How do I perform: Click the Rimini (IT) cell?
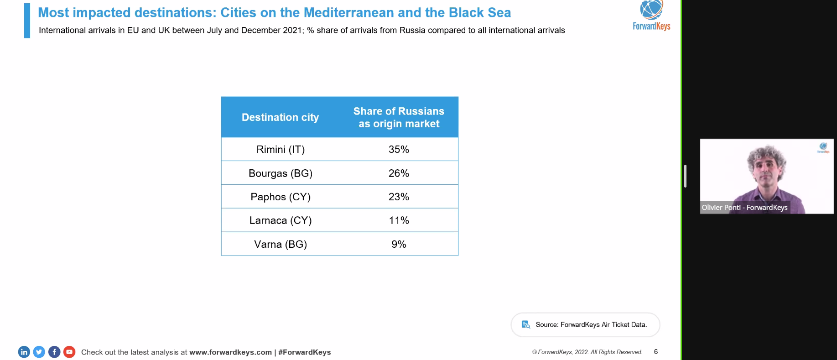tap(281, 150)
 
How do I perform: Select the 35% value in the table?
tap(399, 150)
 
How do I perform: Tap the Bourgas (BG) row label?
tap(281, 173)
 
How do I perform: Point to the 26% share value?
tap(399, 173)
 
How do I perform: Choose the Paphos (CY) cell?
tap(281, 197)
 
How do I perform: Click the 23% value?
tap(399, 197)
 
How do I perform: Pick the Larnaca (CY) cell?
tap(281, 221)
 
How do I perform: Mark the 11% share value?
tap(399, 221)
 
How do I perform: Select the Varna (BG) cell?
tap(281, 245)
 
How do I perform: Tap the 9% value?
tap(399, 245)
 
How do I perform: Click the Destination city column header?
tap(280, 117)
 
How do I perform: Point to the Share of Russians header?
tap(399, 117)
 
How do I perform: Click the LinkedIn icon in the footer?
tap(24, 352)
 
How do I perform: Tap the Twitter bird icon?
tap(39, 352)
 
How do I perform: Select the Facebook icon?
tap(54, 352)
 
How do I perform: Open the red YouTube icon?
tap(69, 352)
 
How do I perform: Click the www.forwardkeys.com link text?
tap(230, 352)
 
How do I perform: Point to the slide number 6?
tap(656, 352)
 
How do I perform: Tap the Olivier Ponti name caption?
tap(744, 208)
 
